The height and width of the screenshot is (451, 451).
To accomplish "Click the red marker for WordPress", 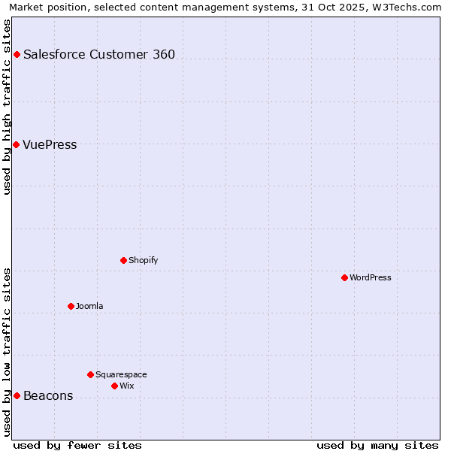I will (x=344, y=277).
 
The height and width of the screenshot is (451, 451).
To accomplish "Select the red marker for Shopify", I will (x=123, y=260).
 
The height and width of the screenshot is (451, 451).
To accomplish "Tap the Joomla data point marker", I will (x=71, y=306).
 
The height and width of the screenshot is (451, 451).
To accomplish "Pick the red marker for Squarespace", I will (x=90, y=374).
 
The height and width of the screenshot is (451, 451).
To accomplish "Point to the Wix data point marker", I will (x=114, y=386).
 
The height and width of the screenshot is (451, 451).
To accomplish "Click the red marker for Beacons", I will (x=17, y=395).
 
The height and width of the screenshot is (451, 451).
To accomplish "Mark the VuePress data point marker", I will (x=16, y=144).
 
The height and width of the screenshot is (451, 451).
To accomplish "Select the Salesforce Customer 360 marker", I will (x=17, y=54).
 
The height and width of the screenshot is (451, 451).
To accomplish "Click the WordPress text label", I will (x=371, y=278).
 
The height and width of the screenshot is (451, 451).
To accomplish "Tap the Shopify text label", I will (x=144, y=261).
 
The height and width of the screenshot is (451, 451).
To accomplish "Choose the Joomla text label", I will (x=89, y=307).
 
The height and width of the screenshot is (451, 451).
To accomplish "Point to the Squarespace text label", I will (x=121, y=375).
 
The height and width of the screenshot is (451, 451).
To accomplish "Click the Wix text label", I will (x=127, y=386).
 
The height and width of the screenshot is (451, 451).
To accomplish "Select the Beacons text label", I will (x=48, y=396).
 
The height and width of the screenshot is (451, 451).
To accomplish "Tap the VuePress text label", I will (x=50, y=145).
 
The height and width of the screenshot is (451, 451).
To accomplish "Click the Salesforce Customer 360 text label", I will (x=99, y=55).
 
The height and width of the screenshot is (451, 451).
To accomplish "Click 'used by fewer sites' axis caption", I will (x=77, y=445).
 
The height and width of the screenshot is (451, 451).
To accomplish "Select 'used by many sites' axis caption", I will (x=377, y=445).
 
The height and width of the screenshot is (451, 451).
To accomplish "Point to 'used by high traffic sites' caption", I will (x=7, y=107).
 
